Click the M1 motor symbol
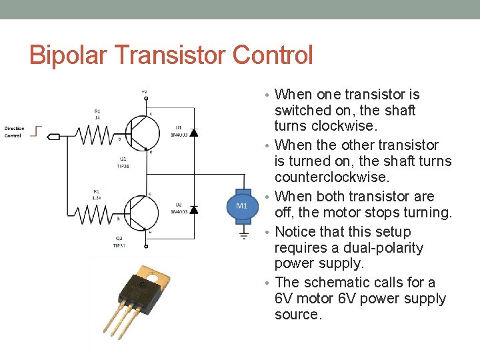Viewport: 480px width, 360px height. pos(241,206)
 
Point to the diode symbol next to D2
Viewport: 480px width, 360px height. pos(193,209)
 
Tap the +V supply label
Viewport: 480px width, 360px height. pos(144,91)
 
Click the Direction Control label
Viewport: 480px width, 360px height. pos(14,132)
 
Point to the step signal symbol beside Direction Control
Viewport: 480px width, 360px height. pos(37,131)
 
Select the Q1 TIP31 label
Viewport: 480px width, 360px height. pos(123,163)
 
